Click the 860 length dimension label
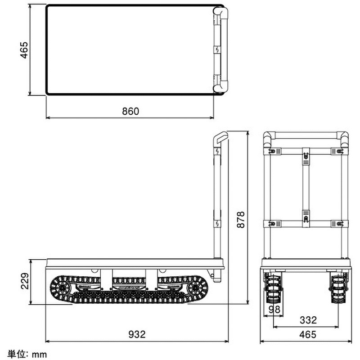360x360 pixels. [x=130, y=111]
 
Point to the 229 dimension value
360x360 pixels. [x=25, y=282]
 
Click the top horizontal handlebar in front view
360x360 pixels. [x=306, y=135]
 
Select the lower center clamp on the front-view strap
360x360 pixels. [x=306, y=218]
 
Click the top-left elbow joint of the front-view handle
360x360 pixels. [x=269, y=137]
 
